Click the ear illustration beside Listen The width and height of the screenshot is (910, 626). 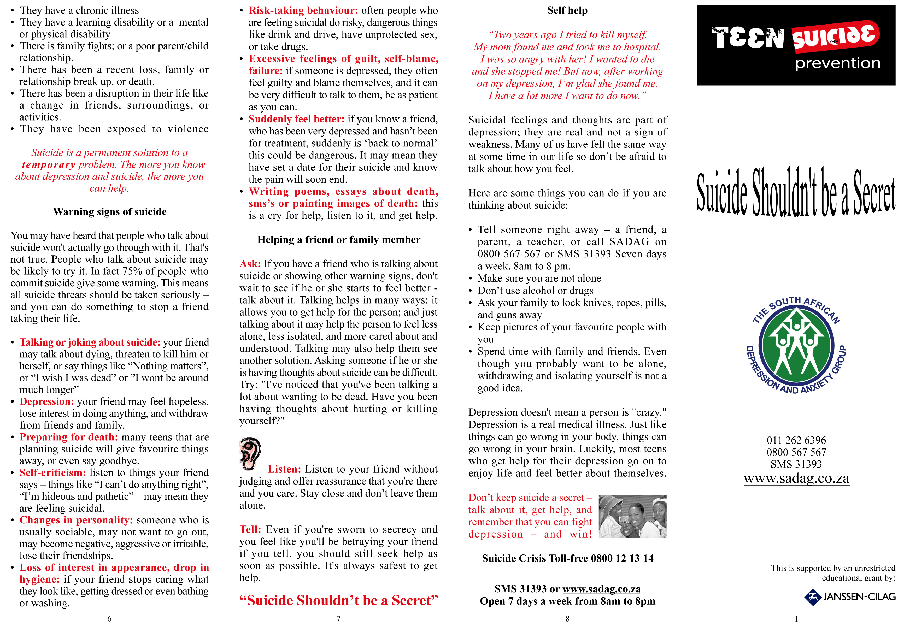click(250, 453)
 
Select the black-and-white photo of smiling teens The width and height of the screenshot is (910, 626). click(632, 516)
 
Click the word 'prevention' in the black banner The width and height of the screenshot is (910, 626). click(837, 63)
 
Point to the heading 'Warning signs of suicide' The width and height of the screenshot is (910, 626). click(110, 212)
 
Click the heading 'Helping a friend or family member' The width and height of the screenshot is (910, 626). click(338, 240)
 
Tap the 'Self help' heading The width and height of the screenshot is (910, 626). click(567, 11)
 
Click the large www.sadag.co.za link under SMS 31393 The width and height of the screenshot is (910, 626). click(796, 478)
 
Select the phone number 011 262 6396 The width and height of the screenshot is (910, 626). click(796, 440)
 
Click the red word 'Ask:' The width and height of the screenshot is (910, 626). click(250, 264)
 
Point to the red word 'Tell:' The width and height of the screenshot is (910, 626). click(250, 529)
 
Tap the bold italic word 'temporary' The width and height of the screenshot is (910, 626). click(49, 165)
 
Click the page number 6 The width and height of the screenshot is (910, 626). click(109, 618)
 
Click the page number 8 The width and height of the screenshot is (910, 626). click(567, 618)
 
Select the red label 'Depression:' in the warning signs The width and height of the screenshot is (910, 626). click(47, 402)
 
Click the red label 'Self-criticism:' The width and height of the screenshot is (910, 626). click(52, 473)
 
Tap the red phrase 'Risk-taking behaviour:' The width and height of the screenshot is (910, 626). click(303, 11)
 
